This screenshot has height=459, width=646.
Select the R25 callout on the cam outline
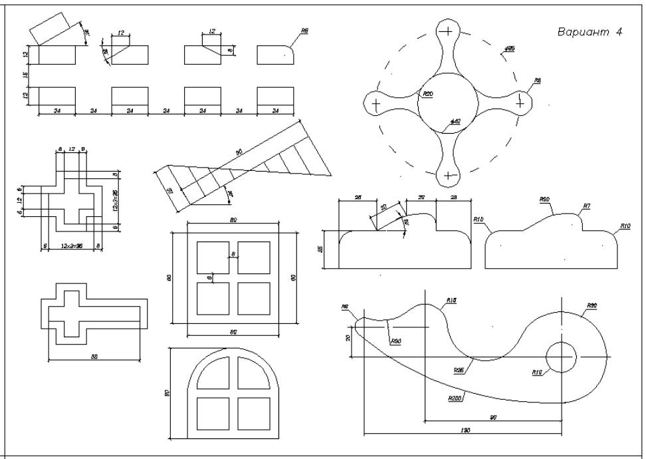coord(459,369)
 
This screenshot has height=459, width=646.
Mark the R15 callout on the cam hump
coord(452,301)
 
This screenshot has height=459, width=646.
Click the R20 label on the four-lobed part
coord(428,94)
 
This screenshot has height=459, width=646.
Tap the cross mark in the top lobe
coord(449,31)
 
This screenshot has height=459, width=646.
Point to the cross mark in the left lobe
coord(376,104)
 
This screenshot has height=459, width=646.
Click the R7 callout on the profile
coord(587,207)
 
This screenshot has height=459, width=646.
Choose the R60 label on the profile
coord(545,199)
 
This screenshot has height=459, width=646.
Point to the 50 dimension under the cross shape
coord(94,357)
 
